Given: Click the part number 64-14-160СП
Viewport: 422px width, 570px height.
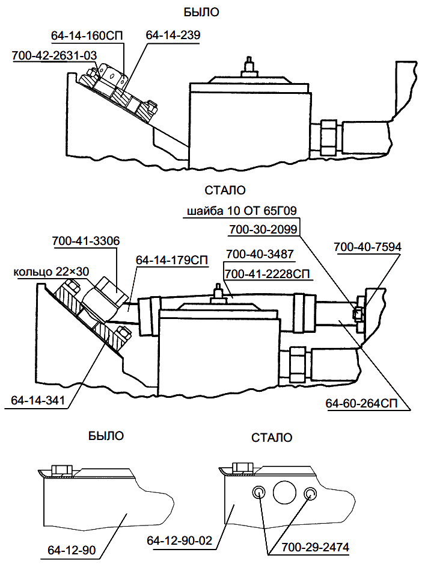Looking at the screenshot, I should (87, 36).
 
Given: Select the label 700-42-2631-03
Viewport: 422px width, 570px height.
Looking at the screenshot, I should (54, 55).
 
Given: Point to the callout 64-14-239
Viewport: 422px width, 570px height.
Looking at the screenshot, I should (173, 36).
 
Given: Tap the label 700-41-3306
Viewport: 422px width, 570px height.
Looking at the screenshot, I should (86, 241).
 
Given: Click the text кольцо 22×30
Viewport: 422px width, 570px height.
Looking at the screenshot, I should (51, 272).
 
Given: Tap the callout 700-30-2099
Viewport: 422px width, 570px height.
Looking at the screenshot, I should (264, 229).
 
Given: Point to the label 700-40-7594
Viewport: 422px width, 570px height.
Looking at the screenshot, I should (367, 246).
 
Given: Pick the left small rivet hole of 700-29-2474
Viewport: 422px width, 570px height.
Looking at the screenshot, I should (258, 493).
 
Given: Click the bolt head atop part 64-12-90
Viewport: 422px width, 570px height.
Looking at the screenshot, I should (62, 469).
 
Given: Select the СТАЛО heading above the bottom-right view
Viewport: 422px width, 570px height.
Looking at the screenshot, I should (272, 438).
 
